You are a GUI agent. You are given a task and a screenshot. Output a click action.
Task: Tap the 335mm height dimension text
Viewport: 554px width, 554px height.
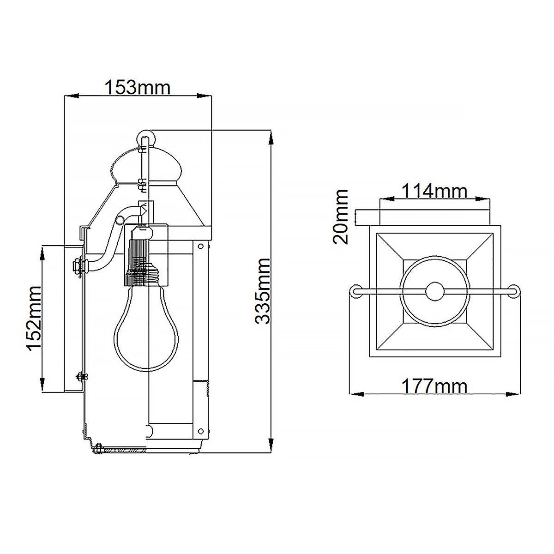tap(263, 291)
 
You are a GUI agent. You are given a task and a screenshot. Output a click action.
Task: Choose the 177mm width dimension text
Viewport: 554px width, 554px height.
tap(434, 385)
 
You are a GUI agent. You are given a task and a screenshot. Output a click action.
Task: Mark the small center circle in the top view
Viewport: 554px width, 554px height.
tap(434, 291)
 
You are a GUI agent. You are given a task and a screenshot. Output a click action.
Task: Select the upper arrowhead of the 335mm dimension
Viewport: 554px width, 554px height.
tap(271, 137)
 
